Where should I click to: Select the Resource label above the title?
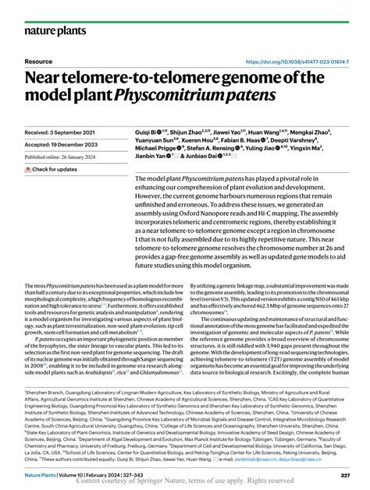point(38,61)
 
